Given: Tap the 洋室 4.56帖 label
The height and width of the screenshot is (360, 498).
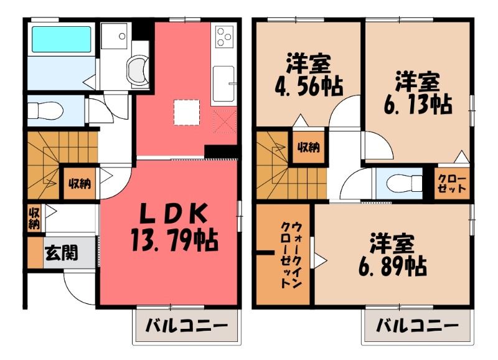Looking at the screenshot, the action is click(x=309, y=75).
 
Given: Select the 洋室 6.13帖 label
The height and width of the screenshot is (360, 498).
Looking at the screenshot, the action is click(x=418, y=93).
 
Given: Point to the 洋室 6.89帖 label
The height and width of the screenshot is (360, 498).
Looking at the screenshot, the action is click(x=393, y=255).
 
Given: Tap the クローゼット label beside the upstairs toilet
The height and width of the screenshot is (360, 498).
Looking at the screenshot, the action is click(x=452, y=183).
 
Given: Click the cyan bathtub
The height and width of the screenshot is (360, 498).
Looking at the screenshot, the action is click(x=61, y=39).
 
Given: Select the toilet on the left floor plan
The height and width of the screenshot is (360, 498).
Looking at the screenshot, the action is click(x=45, y=111).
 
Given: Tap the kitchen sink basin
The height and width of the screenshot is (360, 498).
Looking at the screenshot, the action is click(x=223, y=83).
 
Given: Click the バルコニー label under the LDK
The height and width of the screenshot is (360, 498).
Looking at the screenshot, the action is click(x=187, y=326).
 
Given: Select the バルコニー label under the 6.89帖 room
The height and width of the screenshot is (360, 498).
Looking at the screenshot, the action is click(x=417, y=326).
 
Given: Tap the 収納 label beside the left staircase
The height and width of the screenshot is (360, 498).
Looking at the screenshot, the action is click(x=80, y=183).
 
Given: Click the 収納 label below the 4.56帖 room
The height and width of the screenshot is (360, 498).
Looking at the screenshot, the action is click(x=308, y=148).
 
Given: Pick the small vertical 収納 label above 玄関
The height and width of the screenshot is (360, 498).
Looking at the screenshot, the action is click(x=34, y=218).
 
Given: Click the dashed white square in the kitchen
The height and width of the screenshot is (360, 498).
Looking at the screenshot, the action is click(x=187, y=112).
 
